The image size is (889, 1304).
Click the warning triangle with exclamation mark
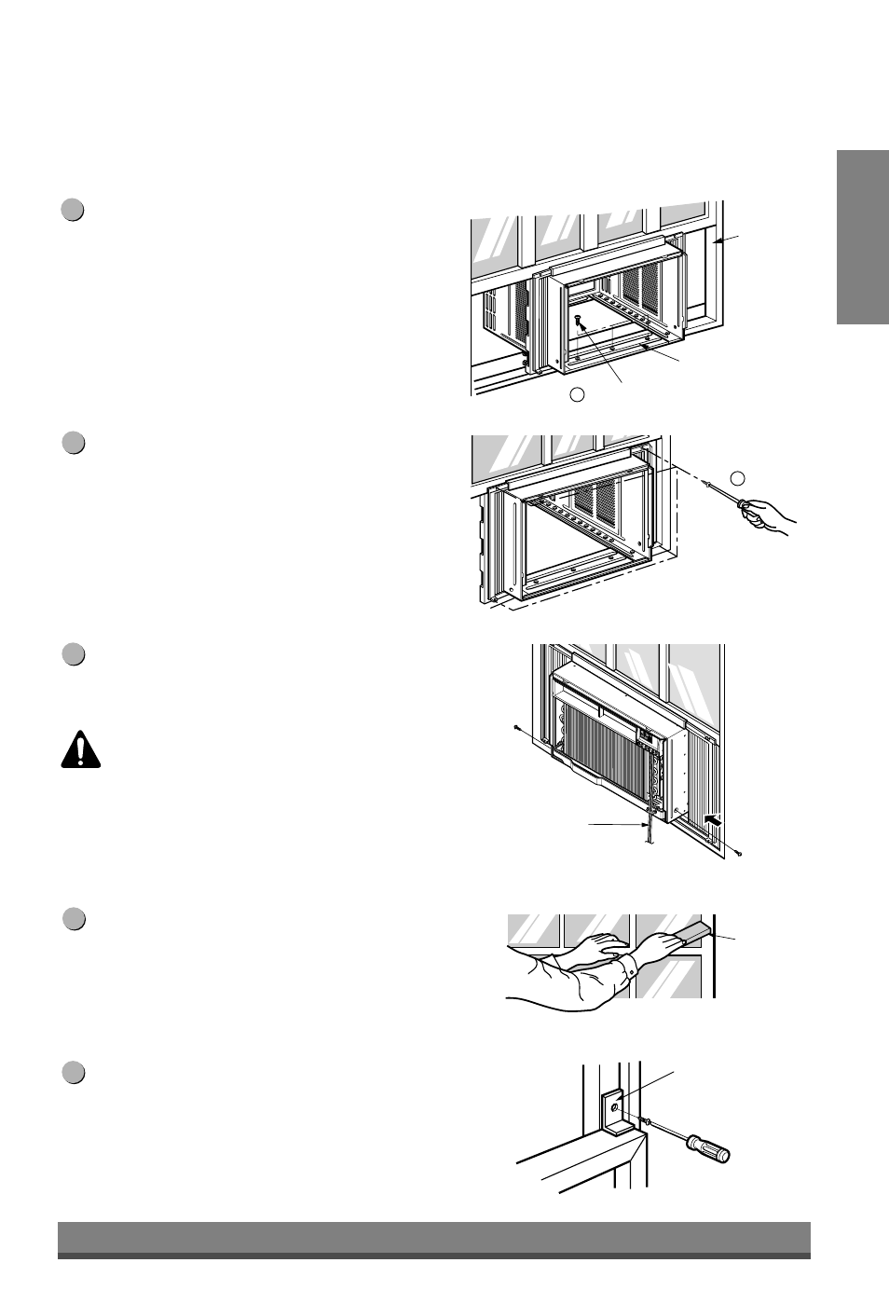tap(81, 749)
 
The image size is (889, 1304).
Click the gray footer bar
tap(434, 1240)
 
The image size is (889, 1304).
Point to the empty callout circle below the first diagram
tap(578, 394)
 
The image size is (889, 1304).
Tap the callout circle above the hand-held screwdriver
tap(738, 478)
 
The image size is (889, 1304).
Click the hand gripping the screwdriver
tap(769, 515)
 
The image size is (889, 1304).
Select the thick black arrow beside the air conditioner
tap(714, 820)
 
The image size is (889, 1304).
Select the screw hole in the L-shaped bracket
tap(615, 1105)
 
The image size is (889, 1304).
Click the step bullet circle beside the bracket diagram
tap(74, 1074)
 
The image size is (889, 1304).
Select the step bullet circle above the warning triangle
tap(74, 654)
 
